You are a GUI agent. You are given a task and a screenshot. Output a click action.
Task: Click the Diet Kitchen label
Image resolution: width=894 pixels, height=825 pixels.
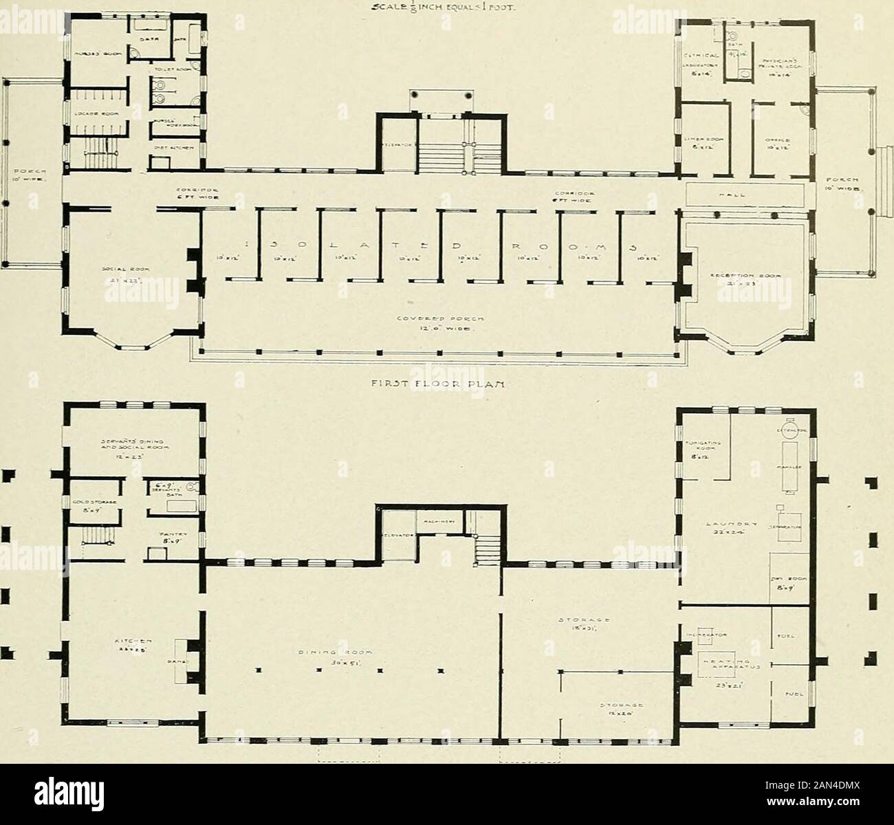click(174, 146)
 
